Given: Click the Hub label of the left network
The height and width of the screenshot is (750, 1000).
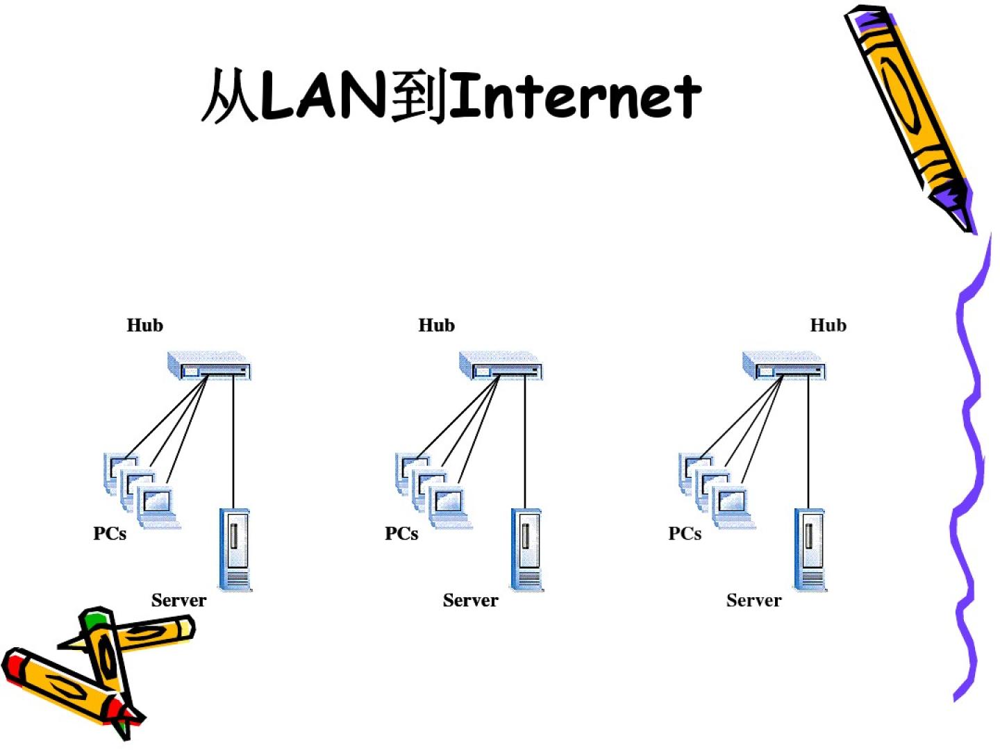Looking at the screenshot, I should [x=144, y=325].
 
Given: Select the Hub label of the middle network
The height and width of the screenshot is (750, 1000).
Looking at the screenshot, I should [x=436, y=325].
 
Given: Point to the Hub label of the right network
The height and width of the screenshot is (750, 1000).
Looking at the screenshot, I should [x=828, y=325].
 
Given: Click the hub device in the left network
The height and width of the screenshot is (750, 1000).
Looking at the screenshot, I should [x=209, y=366].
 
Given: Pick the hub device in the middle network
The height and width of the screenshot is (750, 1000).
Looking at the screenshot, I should [x=501, y=366].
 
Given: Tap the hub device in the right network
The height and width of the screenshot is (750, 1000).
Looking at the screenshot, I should [x=784, y=366].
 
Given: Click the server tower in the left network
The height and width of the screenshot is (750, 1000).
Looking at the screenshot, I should [x=235, y=549].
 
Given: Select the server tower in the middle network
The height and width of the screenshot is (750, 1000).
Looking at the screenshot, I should [x=527, y=549].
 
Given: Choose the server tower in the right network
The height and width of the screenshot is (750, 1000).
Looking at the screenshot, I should [x=810, y=549].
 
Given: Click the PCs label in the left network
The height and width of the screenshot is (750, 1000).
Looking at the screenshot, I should [x=110, y=533].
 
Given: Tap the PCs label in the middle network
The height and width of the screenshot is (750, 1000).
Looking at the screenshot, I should [x=401, y=533].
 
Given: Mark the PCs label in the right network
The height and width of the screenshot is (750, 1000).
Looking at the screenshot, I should [x=685, y=533].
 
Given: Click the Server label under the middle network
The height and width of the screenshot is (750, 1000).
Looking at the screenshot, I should [x=470, y=600].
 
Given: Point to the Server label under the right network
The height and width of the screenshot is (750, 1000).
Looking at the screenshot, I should [x=753, y=600].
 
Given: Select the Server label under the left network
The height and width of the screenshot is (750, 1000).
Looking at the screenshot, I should [x=178, y=600].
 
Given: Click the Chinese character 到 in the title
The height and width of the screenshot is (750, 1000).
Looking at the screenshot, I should [x=419, y=96].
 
